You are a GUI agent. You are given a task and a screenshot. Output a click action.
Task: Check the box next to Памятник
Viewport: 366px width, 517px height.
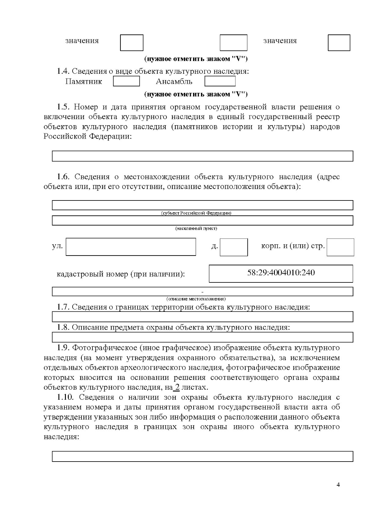(x=126, y=81)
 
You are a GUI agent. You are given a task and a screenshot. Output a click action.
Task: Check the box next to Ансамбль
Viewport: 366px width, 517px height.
(x=220, y=81)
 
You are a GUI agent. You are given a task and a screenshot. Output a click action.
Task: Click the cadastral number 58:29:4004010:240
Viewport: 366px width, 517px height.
(x=281, y=273)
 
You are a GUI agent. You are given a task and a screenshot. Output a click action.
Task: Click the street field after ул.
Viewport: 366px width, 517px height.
(x=131, y=247)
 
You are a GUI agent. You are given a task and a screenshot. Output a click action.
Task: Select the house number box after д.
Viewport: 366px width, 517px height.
(x=234, y=247)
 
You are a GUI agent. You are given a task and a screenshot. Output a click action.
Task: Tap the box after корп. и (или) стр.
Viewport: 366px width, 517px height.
(x=340, y=247)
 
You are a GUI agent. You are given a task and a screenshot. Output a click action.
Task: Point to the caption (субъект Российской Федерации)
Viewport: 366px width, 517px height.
(x=196, y=213)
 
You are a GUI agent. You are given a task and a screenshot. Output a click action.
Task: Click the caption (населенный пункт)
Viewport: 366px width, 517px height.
(x=196, y=228)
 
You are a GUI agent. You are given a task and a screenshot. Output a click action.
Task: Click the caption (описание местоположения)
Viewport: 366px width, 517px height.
(x=196, y=299)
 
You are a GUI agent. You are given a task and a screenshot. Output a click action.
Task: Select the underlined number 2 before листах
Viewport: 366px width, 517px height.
(x=177, y=387)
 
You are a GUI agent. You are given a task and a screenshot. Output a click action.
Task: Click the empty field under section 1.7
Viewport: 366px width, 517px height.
(x=203, y=317)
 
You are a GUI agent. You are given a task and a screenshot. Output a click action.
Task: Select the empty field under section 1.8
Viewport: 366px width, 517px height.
(x=203, y=337)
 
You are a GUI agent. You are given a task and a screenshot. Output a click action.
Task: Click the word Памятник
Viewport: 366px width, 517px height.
(x=84, y=82)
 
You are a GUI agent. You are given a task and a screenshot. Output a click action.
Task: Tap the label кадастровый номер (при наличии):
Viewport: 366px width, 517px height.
(x=121, y=274)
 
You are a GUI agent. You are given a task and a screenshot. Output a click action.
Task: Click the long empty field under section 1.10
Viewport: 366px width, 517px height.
(x=203, y=456)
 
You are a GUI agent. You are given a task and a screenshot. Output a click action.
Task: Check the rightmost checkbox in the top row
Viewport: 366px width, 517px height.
(x=339, y=43)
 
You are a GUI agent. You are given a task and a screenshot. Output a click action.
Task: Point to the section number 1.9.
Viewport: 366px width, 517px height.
(x=63, y=348)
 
